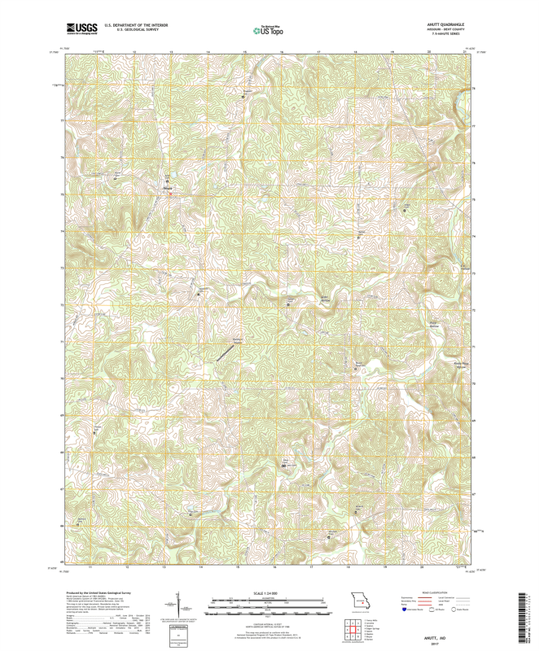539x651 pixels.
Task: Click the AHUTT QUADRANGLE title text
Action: pos(448,24)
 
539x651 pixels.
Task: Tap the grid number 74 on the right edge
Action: pos(475,236)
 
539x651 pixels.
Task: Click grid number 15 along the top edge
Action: pos(244,52)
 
